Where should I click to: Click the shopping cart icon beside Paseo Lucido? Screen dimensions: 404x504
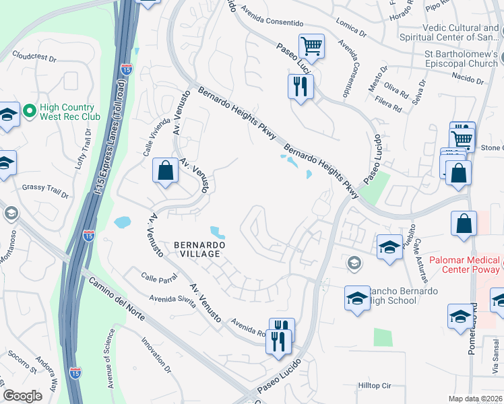pyautogui.click(x=311, y=46)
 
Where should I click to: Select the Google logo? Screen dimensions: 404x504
pyautogui.click(x=22, y=396)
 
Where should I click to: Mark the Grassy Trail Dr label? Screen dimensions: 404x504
pyautogui.click(x=45, y=191)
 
